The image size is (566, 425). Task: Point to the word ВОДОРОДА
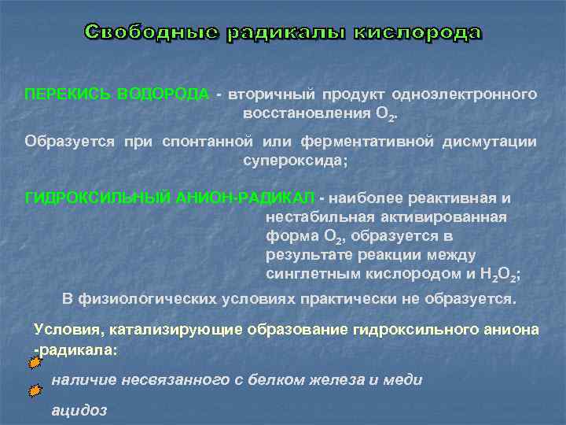pyautogui.click(x=163, y=94)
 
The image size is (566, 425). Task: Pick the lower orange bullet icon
pyautogui.click(x=34, y=390)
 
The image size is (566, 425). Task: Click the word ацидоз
pyautogui.click(x=79, y=410)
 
